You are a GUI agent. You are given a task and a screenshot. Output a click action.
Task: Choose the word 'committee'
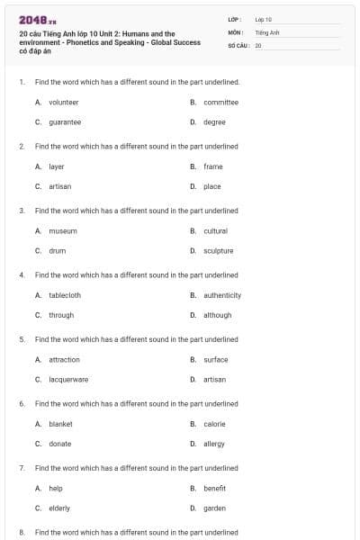tap(220, 103)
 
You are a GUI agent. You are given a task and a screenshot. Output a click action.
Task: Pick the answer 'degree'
tap(214, 122)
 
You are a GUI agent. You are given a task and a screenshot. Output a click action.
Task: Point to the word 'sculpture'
tap(218, 251)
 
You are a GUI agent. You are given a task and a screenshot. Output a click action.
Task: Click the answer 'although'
tap(217, 315)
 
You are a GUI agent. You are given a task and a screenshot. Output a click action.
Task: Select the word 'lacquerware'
tap(68, 380)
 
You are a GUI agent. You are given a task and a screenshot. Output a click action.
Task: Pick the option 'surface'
tap(216, 360)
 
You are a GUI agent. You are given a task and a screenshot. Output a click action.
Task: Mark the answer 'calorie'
tap(214, 424)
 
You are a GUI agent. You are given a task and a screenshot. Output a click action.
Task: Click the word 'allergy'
tap(214, 444)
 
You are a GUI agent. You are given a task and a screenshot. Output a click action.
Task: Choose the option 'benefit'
tap(214, 489)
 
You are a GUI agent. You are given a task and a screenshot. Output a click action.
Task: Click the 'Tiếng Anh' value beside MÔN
tap(267, 31)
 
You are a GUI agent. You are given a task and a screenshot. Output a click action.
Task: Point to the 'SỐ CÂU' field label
tap(238, 45)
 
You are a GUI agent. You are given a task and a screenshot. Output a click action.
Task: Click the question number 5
tap(22, 339)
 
